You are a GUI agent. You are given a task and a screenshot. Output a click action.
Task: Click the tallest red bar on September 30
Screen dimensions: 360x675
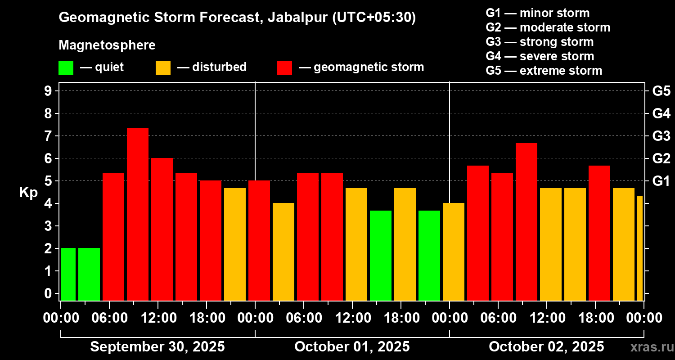(x=138, y=214)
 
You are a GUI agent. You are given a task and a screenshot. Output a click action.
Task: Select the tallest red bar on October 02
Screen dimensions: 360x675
(x=526, y=221)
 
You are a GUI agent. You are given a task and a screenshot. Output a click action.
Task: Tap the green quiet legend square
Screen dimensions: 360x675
(x=66, y=68)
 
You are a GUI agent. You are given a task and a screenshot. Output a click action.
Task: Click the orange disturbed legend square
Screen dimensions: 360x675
(x=163, y=68)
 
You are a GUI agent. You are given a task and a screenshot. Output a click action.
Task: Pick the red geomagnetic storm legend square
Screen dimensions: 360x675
(x=284, y=68)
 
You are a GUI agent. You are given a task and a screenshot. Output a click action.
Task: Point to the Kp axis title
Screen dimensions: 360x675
(x=28, y=192)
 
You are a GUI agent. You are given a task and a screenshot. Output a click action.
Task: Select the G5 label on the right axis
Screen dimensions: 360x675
(x=661, y=91)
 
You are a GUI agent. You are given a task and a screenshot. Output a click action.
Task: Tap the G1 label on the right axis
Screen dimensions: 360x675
(x=661, y=181)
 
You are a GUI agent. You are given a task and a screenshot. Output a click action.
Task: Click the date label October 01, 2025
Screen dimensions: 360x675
(x=352, y=347)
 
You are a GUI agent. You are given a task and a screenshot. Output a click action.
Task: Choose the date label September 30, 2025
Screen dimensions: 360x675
(x=157, y=347)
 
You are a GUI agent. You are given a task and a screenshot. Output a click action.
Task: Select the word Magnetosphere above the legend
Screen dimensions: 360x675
(x=107, y=45)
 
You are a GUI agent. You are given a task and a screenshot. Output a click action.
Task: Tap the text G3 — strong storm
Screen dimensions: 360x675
(x=540, y=42)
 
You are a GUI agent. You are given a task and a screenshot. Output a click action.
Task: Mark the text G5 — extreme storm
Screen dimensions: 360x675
(x=544, y=71)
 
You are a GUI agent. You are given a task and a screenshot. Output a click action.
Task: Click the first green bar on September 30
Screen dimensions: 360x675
(x=68, y=274)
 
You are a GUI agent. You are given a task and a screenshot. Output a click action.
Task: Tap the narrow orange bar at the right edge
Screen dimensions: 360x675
(x=640, y=248)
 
